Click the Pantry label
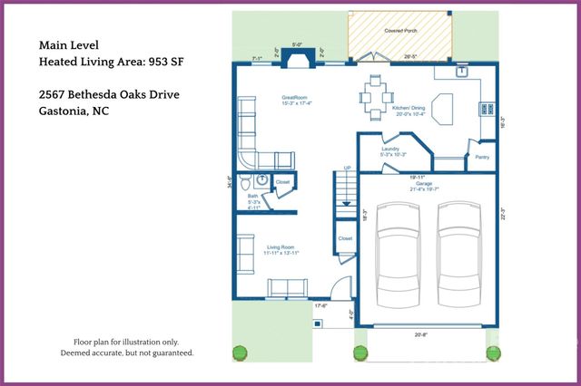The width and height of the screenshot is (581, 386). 482,157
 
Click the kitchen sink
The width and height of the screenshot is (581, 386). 462,70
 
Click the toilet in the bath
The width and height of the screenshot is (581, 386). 261,181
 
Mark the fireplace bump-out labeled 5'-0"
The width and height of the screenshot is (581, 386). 296,57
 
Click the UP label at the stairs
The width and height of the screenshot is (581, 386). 347,168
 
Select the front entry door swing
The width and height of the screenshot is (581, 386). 338,292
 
